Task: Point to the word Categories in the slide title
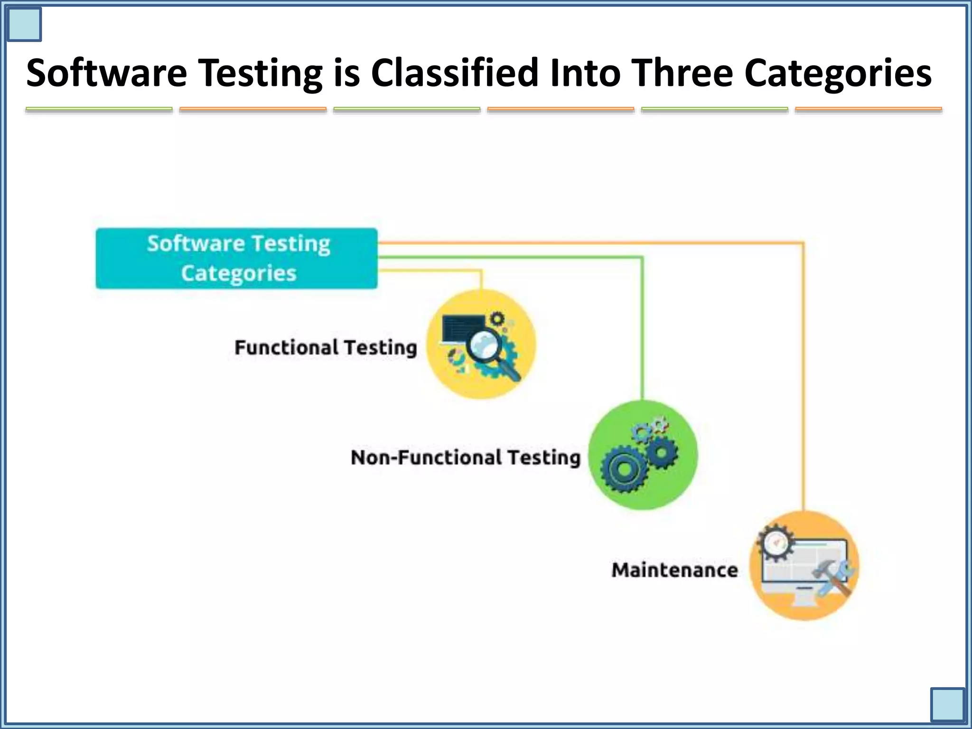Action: click(x=838, y=74)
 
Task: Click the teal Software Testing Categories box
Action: click(x=236, y=258)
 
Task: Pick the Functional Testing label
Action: click(x=326, y=347)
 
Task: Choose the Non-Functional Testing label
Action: click(x=465, y=458)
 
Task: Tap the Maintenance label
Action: click(x=674, y=570)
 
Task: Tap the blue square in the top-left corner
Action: click(x=24, y=24)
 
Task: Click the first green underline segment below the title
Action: click(x=99, y=110)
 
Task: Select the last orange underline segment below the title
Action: click(x=868, y=110)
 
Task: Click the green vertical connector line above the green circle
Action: click(x=642, y=332)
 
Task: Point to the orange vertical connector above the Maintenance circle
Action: click(x=803, y=380)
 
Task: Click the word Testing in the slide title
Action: click(x=260, y=74)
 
